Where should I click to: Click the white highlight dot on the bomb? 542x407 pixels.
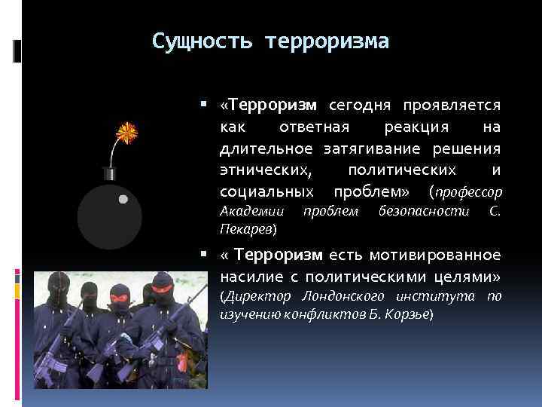click(x=123, y=200)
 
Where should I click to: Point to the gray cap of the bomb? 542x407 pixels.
click(x=110, y=173)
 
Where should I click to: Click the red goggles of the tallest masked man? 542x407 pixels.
click(x=162, y=286)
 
